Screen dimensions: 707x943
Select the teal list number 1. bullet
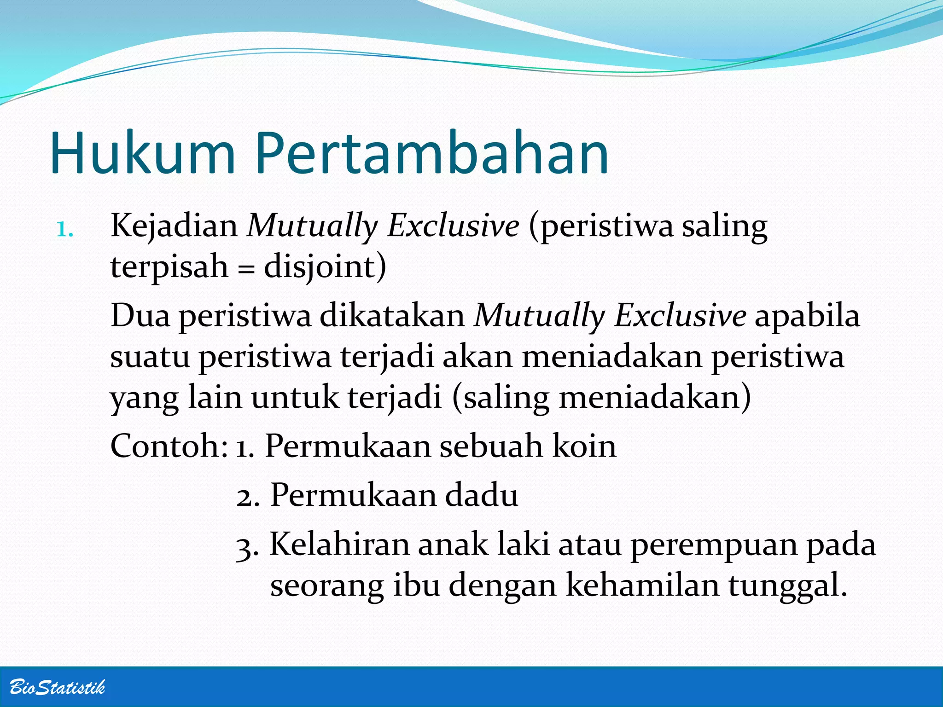pyautogui.click(x=64, y=230)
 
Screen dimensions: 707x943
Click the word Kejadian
pyautogui.click(x=174, y=226)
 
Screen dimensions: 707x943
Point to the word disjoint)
pyautogui.click(x=325, y=267)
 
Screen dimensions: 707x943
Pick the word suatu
pyautogui.click(x=150, y=357)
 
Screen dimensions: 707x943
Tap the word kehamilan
pyautogui.click(x=642, y=585)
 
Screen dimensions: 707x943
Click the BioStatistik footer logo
pyautogui.click(x=57, y=687)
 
